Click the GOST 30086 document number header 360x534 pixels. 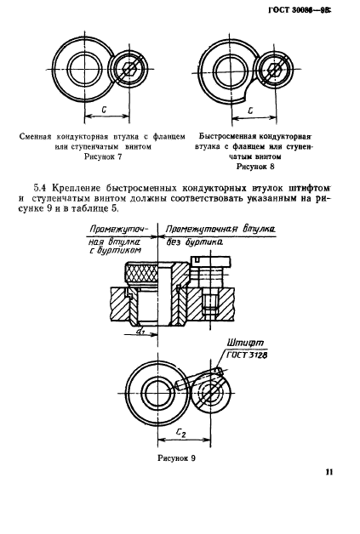click(x=300, y=10)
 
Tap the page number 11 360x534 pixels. click(x=329, y=472)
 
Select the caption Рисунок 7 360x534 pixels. click(x=103, y=156)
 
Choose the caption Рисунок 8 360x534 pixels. click(x=255, y=167)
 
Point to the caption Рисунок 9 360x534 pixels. click(x=176, y=458)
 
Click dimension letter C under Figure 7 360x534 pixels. click(x=104, y=110)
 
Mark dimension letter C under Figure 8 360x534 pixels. click(x=250, y=111)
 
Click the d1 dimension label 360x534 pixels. click(x=140, y=330)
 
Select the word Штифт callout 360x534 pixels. click(x=245, y=343)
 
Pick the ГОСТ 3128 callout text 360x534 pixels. click(x=247, y=355)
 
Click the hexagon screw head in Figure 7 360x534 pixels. click(x=129, y=69)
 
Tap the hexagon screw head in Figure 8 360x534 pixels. click(x=274, y=71)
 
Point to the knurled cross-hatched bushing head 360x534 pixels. click(x=141, y=273)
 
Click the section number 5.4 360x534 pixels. click(x=40, y=188)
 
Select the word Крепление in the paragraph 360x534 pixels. click(x=77, y=188)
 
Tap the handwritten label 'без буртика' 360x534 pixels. click(x=195, y=242)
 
